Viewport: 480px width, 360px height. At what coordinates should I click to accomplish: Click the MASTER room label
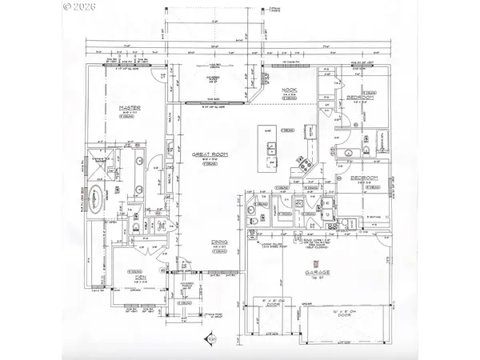click(x=130, y=108)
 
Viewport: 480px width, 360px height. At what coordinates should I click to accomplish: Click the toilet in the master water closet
click(x=138, y=227)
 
